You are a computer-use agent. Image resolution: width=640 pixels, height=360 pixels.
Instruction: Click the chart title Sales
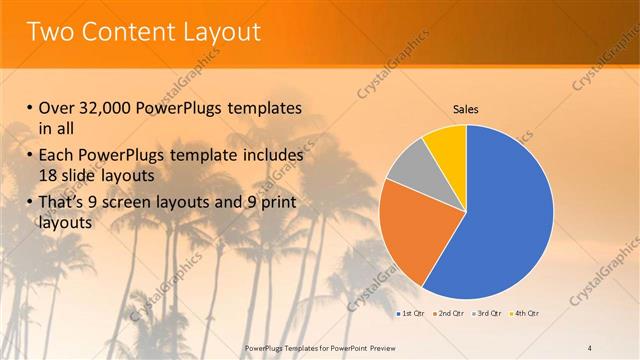pos(466,108)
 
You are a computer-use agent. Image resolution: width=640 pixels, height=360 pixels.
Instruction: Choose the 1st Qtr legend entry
pos(410,314)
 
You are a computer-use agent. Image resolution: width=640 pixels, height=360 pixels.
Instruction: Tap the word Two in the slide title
pos(50,32)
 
